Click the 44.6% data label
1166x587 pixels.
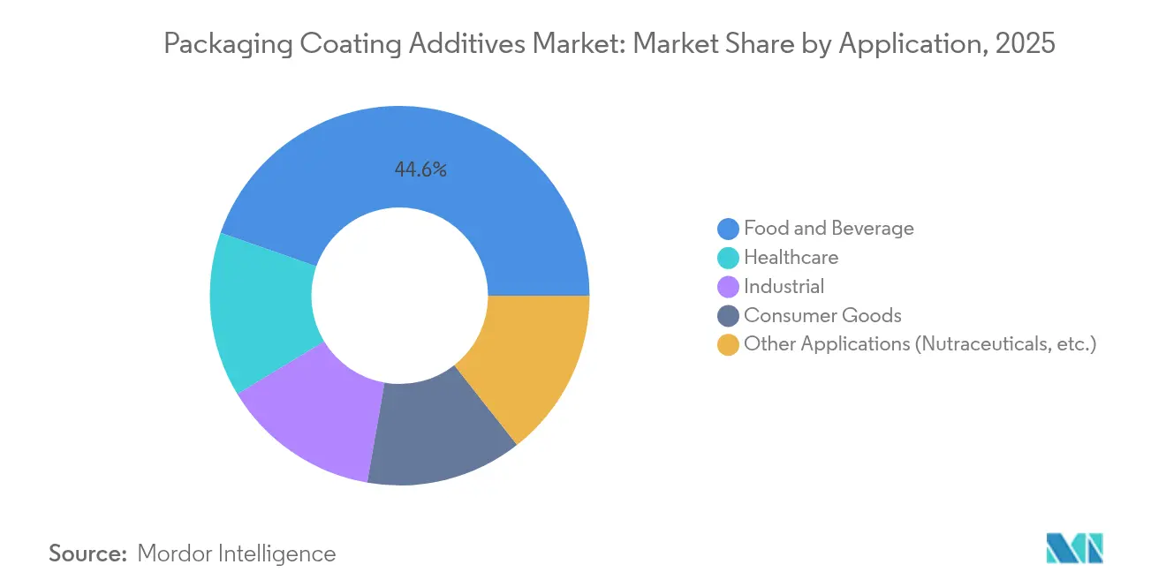420,170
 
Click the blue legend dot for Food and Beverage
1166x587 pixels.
728,229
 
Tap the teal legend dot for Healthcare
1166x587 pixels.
728,258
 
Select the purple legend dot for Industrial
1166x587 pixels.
728,287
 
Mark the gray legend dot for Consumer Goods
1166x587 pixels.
728,316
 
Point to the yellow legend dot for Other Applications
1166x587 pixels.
728,344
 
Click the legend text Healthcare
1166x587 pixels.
791,258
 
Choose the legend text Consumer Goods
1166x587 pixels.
822,316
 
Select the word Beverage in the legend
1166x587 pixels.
874,229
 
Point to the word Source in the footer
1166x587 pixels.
87,553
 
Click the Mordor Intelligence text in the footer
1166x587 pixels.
237,553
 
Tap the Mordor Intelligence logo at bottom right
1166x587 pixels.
1074,548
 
